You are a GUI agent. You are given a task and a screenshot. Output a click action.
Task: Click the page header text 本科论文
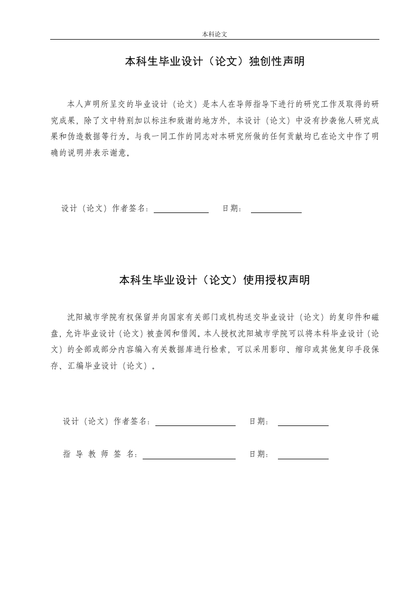[x=214, y=34]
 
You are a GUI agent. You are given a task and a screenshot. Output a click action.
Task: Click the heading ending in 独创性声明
[x=215, y=62]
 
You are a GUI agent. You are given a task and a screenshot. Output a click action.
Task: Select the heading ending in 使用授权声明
[x=215, y=280]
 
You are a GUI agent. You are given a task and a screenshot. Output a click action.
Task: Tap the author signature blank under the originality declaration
[x=181, y=209]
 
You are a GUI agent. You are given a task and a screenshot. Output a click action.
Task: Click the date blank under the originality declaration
[x=276, y=209]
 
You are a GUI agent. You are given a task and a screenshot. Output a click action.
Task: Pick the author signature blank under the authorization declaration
[x=195, y=422]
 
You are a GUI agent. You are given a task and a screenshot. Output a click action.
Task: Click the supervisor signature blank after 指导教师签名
[x=189, y=455]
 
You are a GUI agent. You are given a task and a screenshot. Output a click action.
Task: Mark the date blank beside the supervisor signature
[x=303, y=455]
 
